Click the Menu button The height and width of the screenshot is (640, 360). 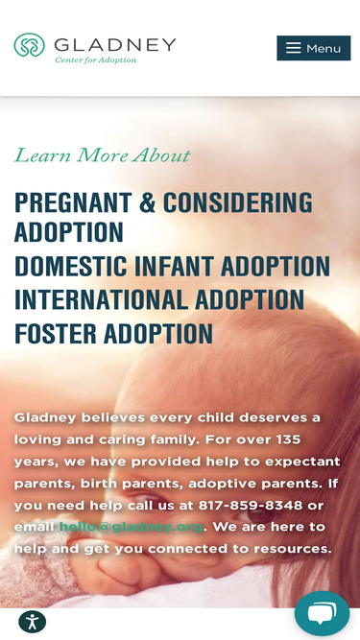(313, 48)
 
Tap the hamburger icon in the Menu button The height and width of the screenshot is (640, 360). (293, 48)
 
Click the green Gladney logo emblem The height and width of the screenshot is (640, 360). (30, 45)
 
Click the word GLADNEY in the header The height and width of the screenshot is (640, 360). (115, 44)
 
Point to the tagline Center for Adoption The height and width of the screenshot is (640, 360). (95, 60)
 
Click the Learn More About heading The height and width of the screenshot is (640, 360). (102, 155)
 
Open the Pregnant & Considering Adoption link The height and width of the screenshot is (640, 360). (163, 217)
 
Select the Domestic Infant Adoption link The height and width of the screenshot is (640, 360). (172, 267)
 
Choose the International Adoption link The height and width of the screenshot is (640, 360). (159, 300)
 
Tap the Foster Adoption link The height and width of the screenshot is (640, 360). (113, 334)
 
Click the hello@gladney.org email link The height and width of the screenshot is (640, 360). (131, 527)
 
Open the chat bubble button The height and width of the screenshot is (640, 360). (322, 613)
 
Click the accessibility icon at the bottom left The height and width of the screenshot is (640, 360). (32, 621)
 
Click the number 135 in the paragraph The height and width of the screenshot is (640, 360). (284, 439)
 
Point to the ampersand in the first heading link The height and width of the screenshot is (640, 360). (147, 203)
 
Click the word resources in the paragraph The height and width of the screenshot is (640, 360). (290, 549)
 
